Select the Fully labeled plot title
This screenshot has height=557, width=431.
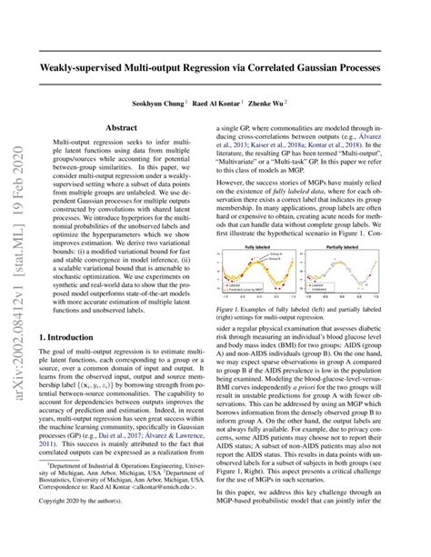click(266, 245)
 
